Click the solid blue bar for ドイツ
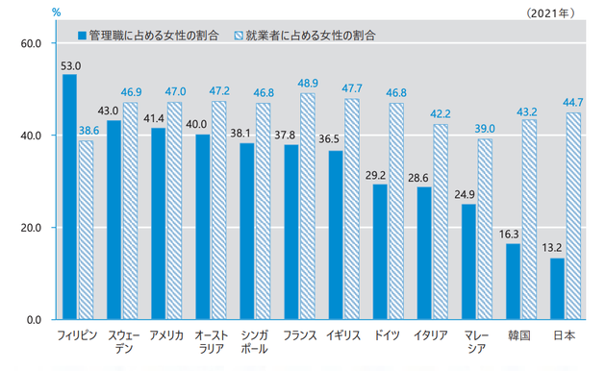pos(380,251)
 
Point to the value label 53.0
pos(69,66)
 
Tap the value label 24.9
pos(468,196)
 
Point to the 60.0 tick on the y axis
pos(30,43)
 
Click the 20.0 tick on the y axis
pos(30,228)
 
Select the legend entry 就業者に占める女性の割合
pos(311,34)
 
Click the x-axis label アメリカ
pos(165,335)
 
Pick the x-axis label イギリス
pos(342,335)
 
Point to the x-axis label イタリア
pos(431,335)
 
